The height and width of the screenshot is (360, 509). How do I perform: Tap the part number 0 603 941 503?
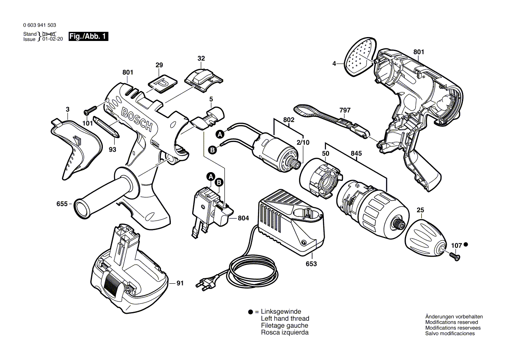40,26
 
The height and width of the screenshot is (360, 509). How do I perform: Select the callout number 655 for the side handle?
62,204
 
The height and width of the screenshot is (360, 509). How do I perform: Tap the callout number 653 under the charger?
311,264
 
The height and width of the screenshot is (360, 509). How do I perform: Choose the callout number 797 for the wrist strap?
345,111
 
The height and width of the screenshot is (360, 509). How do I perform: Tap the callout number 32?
201,58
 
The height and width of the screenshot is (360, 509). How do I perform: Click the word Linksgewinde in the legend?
281,312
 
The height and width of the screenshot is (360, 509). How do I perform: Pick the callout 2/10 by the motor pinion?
303,143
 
